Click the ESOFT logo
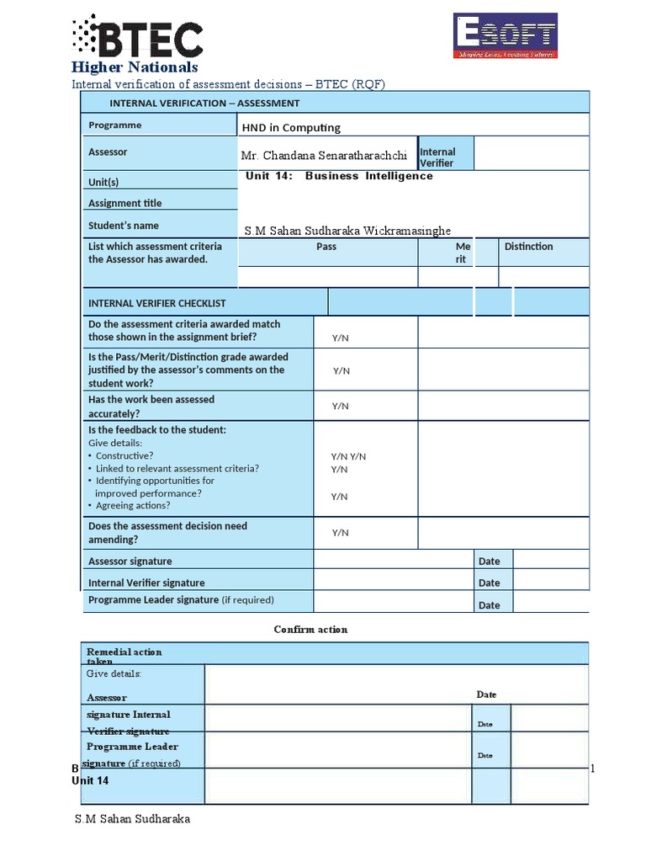tap(506, 35)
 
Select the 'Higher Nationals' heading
tap(135, 67)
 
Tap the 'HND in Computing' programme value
tap(291, 127)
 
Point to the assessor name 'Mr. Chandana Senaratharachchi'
tap(324, 156)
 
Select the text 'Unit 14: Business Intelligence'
tap(338, 176)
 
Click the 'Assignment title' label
tap(124, 203)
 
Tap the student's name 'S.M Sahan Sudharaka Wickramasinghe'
tap(347, 231)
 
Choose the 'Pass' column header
tap(326, 247)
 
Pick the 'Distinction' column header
tap(528, 247)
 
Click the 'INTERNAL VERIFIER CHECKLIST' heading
tap(156, 303)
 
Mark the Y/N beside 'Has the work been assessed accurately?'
tap(340, 406)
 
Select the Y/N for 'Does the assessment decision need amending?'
tap(340, 532)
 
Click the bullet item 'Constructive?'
tap(124, 455)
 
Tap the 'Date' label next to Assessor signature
tap(489, 561)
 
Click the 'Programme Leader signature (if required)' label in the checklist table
tap(181, 600)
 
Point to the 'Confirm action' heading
tap(310, 629)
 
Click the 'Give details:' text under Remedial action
tap(114, 673)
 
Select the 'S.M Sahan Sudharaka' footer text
tap(132, 819)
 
